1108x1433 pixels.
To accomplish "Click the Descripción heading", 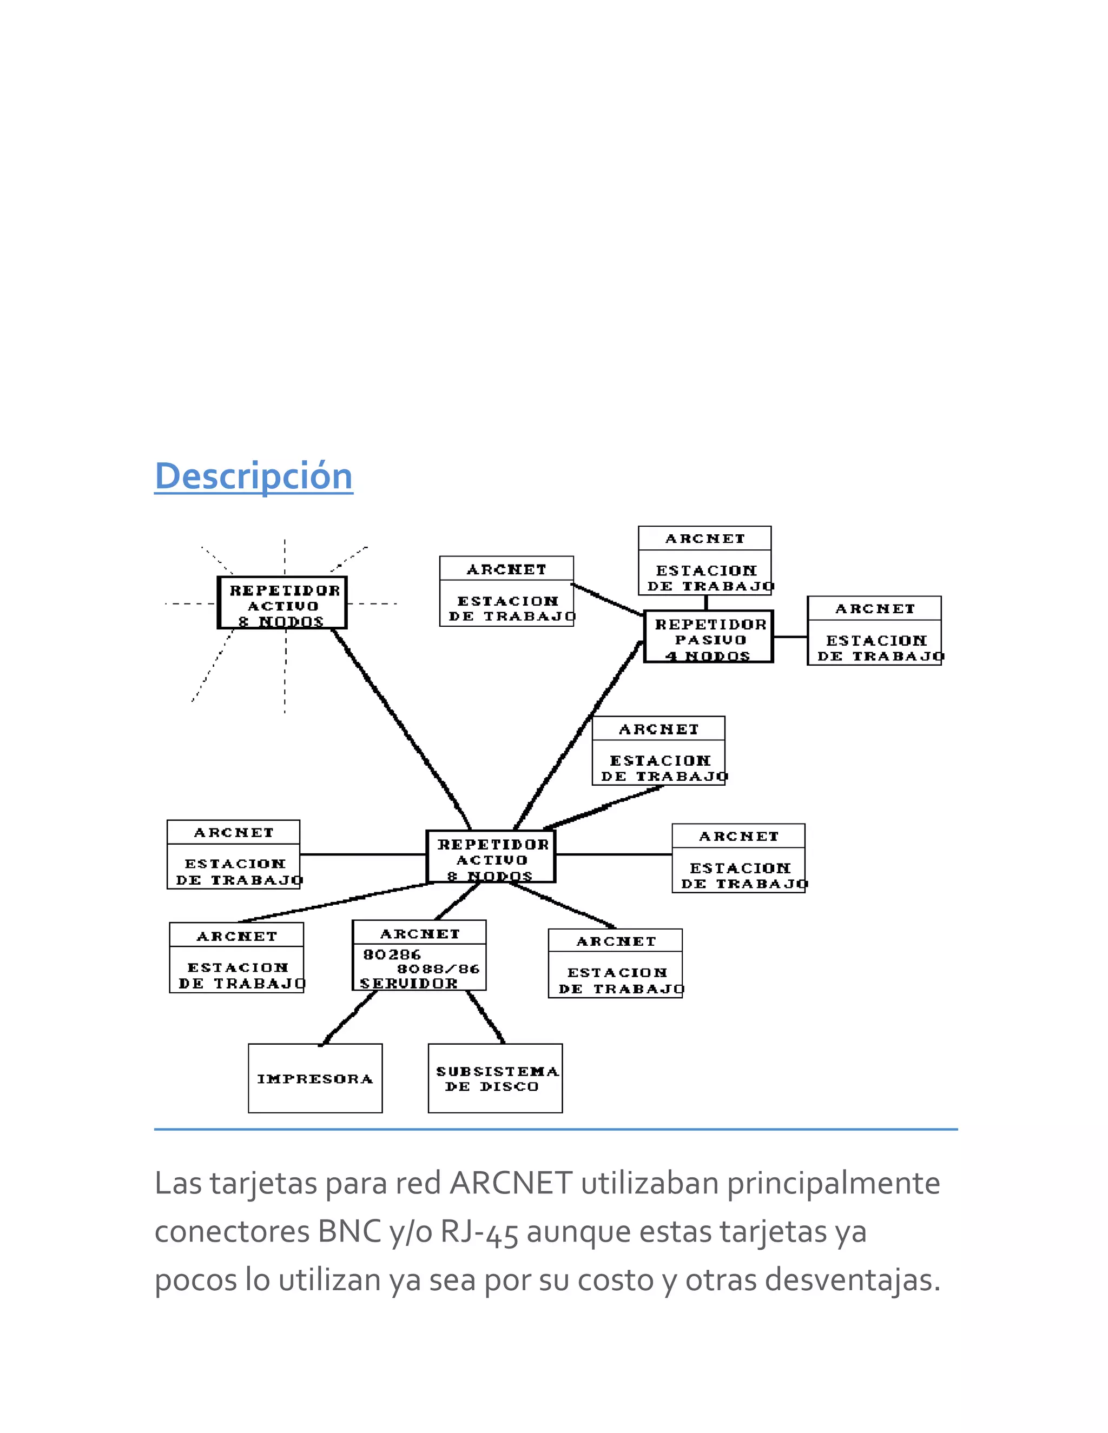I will (x=253, y=476).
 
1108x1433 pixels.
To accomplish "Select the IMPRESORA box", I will (x=315, y=1079).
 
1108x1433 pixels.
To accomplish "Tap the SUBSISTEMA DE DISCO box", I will (x=495, y=1079).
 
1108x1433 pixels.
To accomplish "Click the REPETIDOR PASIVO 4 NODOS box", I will (x=708, y=637).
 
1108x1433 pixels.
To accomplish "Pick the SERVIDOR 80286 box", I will (x=419, y=956).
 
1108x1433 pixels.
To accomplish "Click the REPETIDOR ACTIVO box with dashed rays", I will (x=282, y=603).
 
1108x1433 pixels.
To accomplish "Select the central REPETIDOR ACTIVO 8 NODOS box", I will (x=491, y=857).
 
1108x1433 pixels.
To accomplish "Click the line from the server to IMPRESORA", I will (x=348, y=1018).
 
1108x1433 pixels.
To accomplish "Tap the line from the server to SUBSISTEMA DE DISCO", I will (x=486, y=1017).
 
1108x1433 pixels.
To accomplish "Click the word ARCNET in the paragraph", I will (x=511, y=1184).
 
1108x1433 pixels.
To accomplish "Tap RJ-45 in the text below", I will (x=479, y=1232).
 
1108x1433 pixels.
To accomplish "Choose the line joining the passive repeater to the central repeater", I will (x=578, y=735).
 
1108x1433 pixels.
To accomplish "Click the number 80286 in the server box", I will (x=392, y=954).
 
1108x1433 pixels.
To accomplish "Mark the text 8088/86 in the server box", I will (x=438, y=969).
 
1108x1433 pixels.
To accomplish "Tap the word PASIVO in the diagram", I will (x=710, y=640).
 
